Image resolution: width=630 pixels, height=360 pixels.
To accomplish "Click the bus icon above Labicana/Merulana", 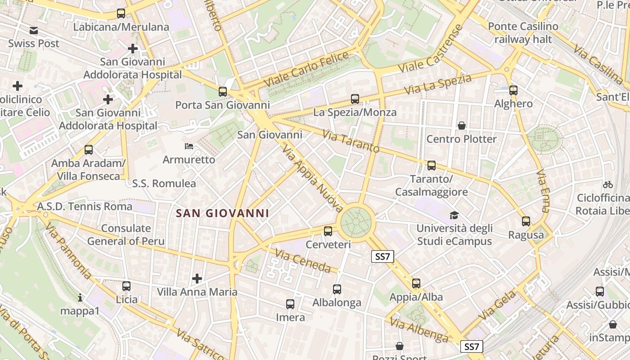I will point(121,13).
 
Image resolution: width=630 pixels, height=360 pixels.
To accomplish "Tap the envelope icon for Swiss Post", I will point(34,31).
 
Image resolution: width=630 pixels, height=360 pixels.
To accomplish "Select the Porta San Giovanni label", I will point(222,105).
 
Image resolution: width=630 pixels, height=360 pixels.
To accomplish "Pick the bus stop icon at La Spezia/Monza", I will point(355,99).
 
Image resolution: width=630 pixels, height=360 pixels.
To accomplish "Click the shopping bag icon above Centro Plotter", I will point(461,126).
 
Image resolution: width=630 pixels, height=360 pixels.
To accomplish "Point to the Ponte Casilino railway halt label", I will point(523,33).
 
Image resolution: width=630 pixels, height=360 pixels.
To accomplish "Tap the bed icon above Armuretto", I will point(189,146).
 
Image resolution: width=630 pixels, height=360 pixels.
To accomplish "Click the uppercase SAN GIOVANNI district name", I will point(222,213).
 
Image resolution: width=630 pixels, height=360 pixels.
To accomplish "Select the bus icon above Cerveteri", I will point(328,231).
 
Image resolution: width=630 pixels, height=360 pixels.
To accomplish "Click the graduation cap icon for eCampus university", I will point(454,216).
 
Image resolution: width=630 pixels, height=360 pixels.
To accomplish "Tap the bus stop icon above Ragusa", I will point(526,221).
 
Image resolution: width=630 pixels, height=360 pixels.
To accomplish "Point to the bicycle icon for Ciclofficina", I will point(608,184).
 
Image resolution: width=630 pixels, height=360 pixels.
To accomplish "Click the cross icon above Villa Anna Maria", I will point(197,279).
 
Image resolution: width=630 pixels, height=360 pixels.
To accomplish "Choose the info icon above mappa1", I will point(80,297).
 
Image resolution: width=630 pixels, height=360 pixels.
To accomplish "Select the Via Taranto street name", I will point(351,141).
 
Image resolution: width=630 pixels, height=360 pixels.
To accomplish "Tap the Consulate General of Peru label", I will point(126,234).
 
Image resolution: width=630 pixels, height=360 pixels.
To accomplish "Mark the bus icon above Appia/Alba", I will point(416,283).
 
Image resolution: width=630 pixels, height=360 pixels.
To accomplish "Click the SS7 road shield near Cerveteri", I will point(382,256).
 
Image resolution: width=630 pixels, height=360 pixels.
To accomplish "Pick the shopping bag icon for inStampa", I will point(612,324).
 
